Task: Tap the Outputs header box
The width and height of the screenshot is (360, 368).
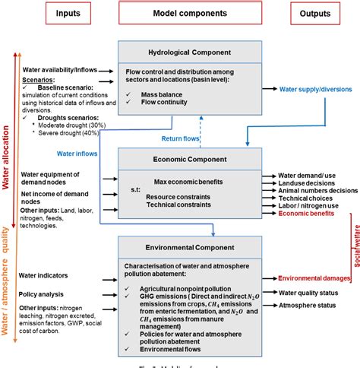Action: pyautogui.click(x=314, y=14)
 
